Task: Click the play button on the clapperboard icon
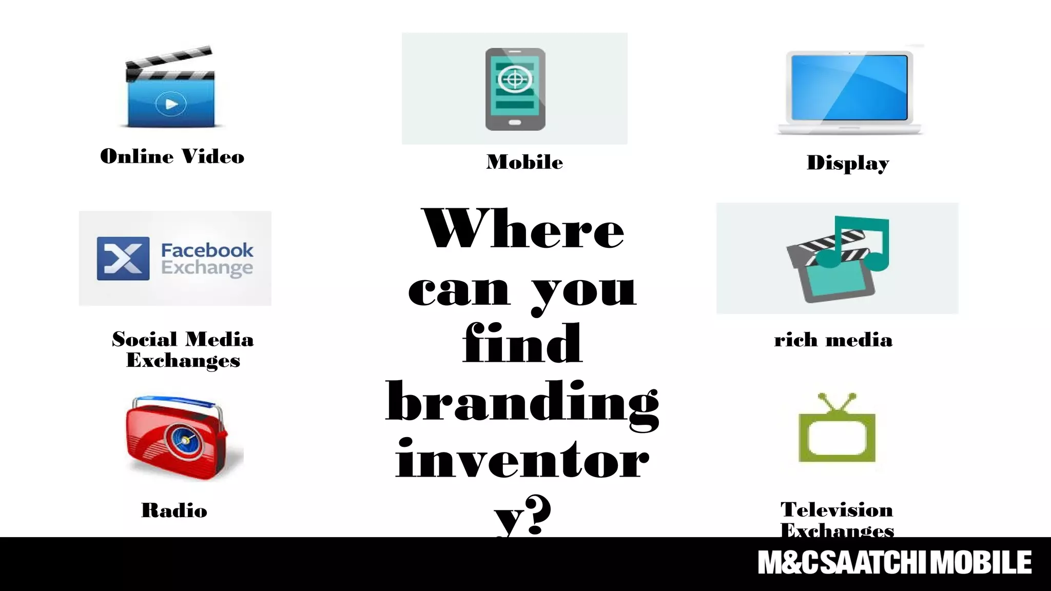(171, 104)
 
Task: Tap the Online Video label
(172, 156)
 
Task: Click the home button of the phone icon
(515, 123)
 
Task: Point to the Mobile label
(524, 162)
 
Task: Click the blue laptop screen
(849, 87)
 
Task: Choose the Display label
(848, 163)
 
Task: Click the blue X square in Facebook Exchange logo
(123, 259)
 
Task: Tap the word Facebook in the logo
(207, 250)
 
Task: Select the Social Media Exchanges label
(183, 349)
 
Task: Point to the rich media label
(833, 340)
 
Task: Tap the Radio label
(174, 510)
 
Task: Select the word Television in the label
(836, 510)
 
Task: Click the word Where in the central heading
(522, 230)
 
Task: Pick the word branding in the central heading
(522, 403)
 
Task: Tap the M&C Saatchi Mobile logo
(894, 563)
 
